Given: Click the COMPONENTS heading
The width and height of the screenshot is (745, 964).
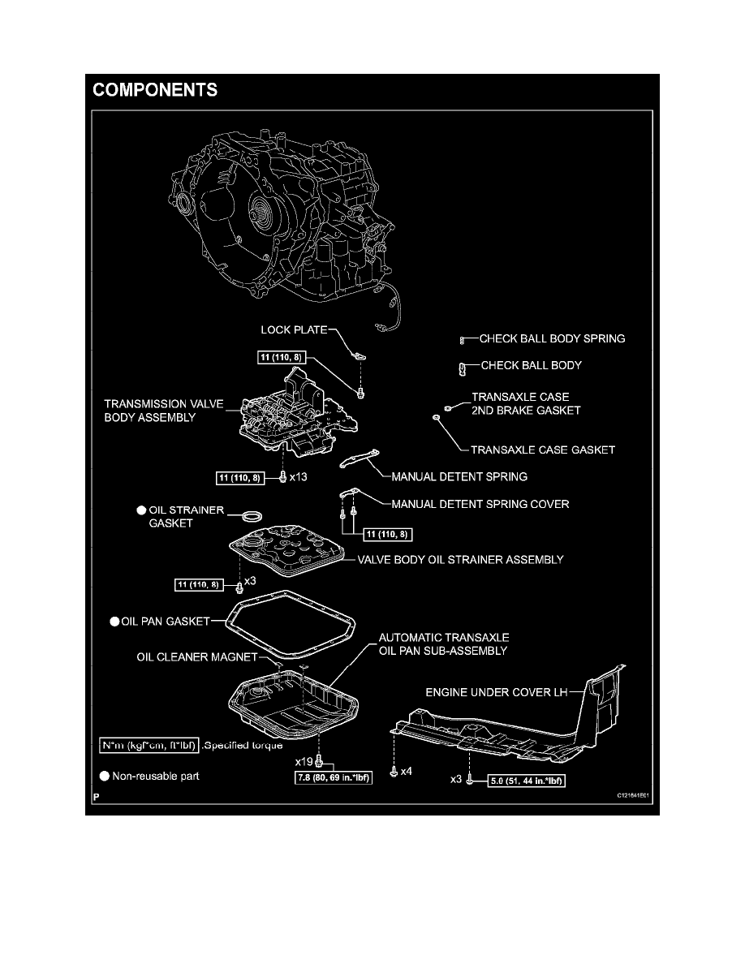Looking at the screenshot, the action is click(x=155, y=90).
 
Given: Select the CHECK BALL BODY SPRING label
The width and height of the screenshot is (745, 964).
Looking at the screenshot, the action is click(x=553, y=338).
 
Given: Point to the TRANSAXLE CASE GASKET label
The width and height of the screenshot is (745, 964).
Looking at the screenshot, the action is click(x=543, y=449).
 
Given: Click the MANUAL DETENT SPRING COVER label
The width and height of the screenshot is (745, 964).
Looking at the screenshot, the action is click(x=480, y=504).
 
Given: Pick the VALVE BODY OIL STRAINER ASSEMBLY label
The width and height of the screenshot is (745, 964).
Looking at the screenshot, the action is click(x=460, y=559).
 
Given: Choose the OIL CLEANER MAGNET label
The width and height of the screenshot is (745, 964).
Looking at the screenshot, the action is click(x=197, y=657).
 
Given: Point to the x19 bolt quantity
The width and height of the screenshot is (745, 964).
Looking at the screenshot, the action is click(x=304, y=762).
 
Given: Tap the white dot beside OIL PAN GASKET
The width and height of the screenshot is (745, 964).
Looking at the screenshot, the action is click(x=114, y=622).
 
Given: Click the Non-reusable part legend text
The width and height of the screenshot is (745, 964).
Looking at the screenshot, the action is click(x=156, y=777).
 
